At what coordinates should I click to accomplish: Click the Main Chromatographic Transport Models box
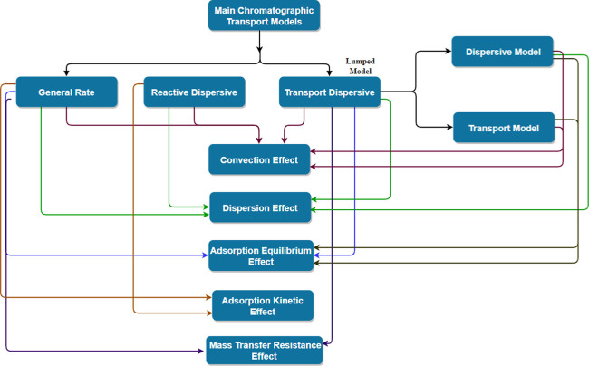pos(264,15)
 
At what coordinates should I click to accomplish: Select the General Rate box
pos(66,92)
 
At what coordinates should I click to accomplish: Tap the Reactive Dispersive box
pos(194,92)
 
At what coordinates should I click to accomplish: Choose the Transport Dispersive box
pos(330,92)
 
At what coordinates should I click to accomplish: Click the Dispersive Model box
pos(503,52)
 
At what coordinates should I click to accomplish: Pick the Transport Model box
pos(504,128)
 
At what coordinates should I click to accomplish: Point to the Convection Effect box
pos(259,159)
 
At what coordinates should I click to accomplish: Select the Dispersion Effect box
pos(260,207)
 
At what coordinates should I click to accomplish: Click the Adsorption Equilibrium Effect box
pos(261,255)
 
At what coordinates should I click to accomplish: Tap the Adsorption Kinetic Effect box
pos(263,305)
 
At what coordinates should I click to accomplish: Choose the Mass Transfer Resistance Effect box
pos(265,351)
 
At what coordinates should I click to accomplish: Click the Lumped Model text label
pos(361,66)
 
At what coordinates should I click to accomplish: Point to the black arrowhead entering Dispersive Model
pos(449,51)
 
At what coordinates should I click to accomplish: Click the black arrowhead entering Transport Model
pos(449,127)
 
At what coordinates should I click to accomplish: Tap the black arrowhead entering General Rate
pos(66,73)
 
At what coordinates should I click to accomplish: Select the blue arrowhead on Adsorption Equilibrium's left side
pos(205,255)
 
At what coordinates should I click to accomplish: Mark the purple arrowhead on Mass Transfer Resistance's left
pos(203,352)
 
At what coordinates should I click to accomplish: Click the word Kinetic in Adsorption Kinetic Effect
pos(285,301)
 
